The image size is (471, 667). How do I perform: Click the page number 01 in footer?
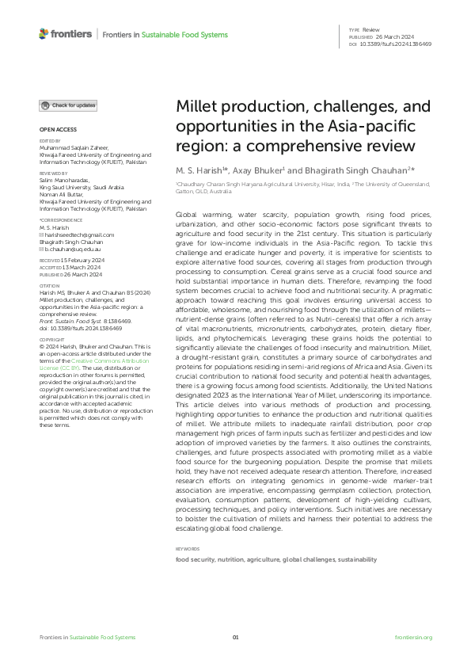pos(235,638)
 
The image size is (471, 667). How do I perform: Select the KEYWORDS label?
pos(187,548)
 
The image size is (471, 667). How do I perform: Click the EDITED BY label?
pos(51,141)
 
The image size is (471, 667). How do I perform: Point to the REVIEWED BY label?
pos(54,172)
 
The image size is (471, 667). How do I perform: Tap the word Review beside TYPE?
pos(370,29)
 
